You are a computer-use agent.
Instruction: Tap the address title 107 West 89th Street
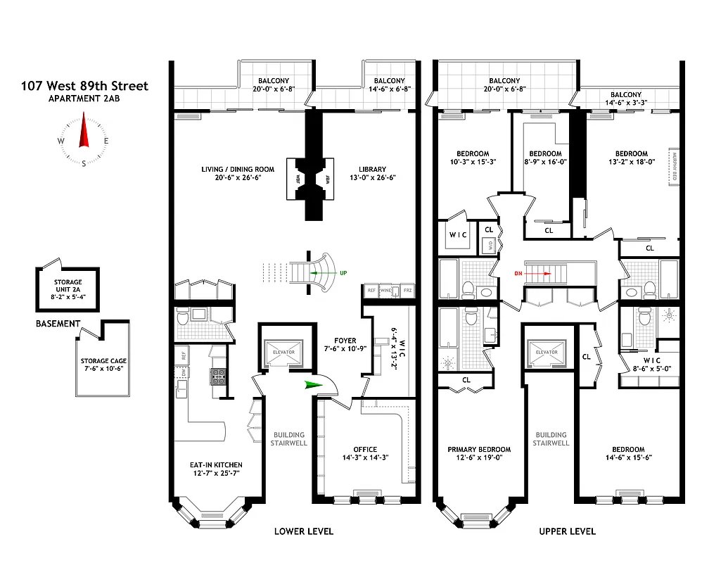(x=84, y=86)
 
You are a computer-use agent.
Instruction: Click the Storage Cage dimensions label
(x=103, y=365)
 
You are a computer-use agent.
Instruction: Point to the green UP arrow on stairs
(x=324, y=272)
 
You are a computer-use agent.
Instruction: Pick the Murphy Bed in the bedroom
(x=673, y=167)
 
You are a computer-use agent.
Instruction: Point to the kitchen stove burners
(x=218, y=376)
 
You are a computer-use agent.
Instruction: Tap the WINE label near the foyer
(x=386, y=290)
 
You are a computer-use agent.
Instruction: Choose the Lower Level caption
(x=303, y=531)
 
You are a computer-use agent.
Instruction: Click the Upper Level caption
(x=567, y=531)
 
